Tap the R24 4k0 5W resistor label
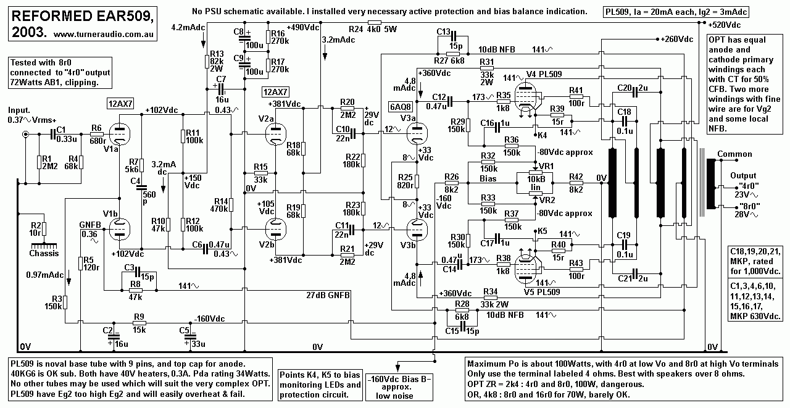pyautogui.click(x=365, y=29)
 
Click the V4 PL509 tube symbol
pyautogui.click(x=526, y=99)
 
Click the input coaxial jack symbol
pyautogui.click(x=25, y=135)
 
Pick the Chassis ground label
pyautogui.click(x=44, y=253)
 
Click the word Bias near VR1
pyautogui.click(x=488, y=178)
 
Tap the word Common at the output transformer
pyautogui.click(x=734, y=154)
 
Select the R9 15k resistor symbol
pyautogui.click(x=139, y=322)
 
